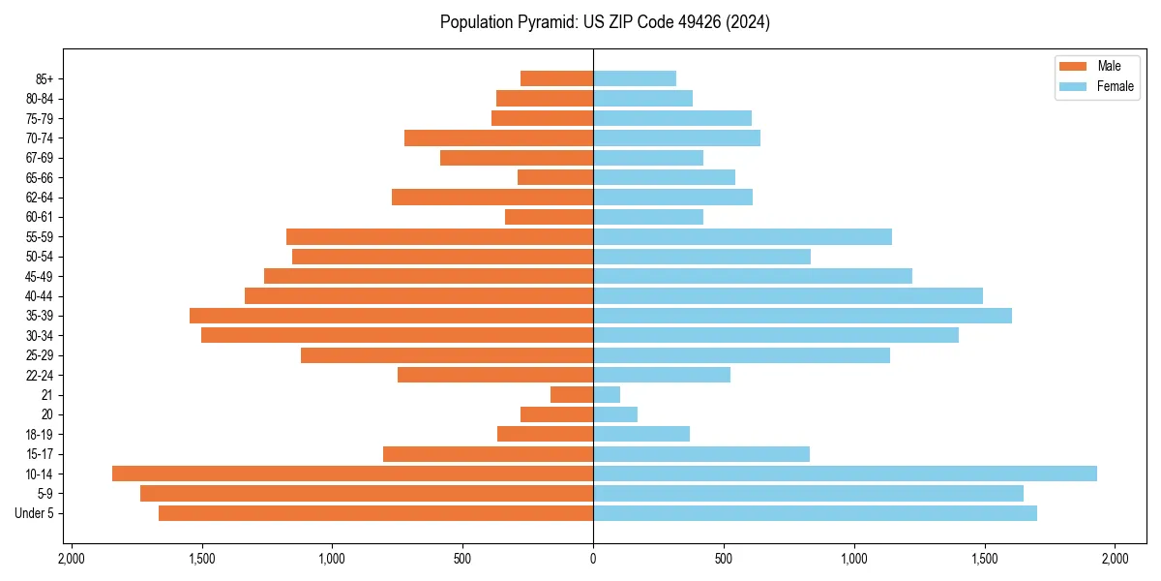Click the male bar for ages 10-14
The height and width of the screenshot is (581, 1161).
352,474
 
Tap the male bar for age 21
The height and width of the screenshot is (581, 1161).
572,394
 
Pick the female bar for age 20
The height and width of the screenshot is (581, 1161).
615,414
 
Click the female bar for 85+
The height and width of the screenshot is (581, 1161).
635,78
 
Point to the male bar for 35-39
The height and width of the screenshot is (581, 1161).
391,316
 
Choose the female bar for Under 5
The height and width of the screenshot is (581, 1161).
815,513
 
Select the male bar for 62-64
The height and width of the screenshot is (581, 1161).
492,197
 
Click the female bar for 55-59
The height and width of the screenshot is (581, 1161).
742,236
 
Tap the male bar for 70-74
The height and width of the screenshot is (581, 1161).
498,138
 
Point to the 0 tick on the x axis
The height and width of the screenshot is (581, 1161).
593,560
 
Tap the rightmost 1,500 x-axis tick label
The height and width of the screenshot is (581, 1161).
984,560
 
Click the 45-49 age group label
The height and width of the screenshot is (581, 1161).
40,276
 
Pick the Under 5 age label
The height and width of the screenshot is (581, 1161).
35,513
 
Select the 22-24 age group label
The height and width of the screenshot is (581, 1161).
40,375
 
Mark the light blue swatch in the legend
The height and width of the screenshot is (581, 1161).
1073,86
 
